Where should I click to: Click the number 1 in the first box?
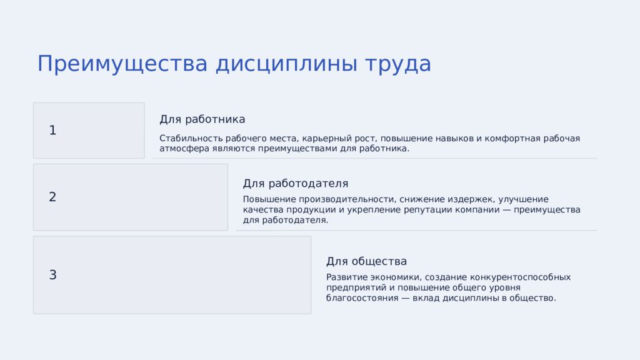[52, 131]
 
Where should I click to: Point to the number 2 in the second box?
[52, 197]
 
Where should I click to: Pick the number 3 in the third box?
[52, 275]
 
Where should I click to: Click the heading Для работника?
[202, 119]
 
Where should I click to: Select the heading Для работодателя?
[295, 184]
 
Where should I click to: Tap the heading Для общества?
[366, 261]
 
